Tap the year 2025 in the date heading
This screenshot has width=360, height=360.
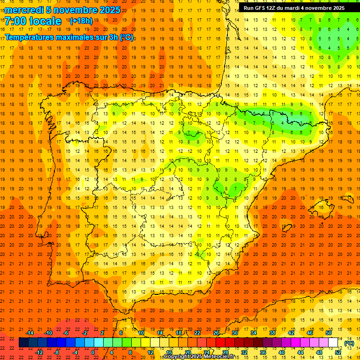(109, 10)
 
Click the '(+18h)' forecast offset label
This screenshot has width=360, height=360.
(81, 21)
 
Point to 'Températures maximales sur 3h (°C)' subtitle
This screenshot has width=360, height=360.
(69, 37)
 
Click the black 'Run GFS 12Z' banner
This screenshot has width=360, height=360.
(293, 8)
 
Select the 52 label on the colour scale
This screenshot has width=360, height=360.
(338, 352)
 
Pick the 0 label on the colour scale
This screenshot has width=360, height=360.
(93, 352)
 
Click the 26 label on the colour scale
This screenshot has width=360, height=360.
(216, 333)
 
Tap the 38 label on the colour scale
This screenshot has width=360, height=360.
(272, 333)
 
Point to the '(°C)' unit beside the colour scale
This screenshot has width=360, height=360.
(349, 343)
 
